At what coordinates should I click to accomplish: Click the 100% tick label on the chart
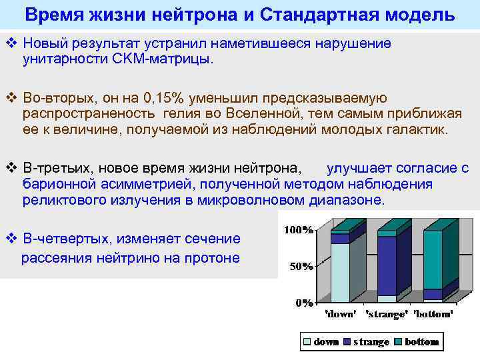tap(299, 230)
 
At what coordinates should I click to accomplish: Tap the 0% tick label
tap(305, 303)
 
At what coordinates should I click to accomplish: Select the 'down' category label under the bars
tap(340, 313)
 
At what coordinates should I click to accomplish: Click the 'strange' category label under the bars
tap(387, 313)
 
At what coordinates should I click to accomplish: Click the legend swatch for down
tap(307, 342)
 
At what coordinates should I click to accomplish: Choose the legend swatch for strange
tap(347, 342)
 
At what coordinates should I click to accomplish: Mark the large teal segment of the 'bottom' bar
tap(433, 259)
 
